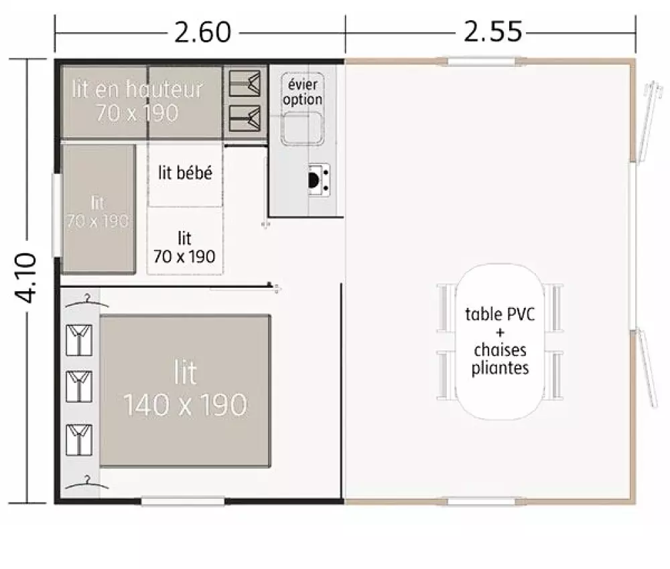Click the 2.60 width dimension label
tap(202, 32)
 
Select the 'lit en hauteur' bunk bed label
tap(137, 89)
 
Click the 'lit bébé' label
tap(185, 173)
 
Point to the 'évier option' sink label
tap(303, 92)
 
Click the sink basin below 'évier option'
tap(302, 128)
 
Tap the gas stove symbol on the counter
tap(319, 179)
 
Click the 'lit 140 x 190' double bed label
tap(185, 388)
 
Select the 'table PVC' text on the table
tap(500, 314)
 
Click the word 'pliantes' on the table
tap(500, 368)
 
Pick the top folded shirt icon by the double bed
tap(79, 340)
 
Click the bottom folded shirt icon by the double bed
tap(79, 440)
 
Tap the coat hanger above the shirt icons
tap(86, 302)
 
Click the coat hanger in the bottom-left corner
tap(86, 483)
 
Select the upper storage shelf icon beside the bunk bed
tap(245, 83)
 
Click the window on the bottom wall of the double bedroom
tap(183, 501)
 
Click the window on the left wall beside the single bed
tap(57, 215)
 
